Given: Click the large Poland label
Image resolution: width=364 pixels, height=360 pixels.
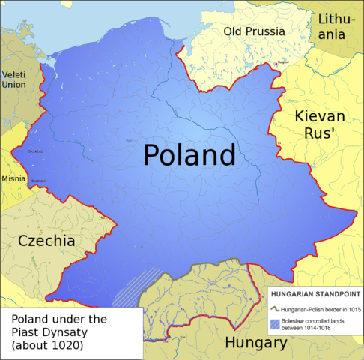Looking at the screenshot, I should pyautogui.click(x=189, y=155).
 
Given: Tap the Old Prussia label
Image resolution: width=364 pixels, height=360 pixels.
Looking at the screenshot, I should pyautogui.click(x=254, y=31).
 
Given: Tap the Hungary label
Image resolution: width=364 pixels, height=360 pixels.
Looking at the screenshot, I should pyautogui.click(x=256, y=343).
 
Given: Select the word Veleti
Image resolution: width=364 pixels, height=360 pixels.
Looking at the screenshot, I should pyautogui.click(x=13, y=75).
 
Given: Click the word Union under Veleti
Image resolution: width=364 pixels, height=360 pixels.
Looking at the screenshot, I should pyautogui.click(x=13, y=85).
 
